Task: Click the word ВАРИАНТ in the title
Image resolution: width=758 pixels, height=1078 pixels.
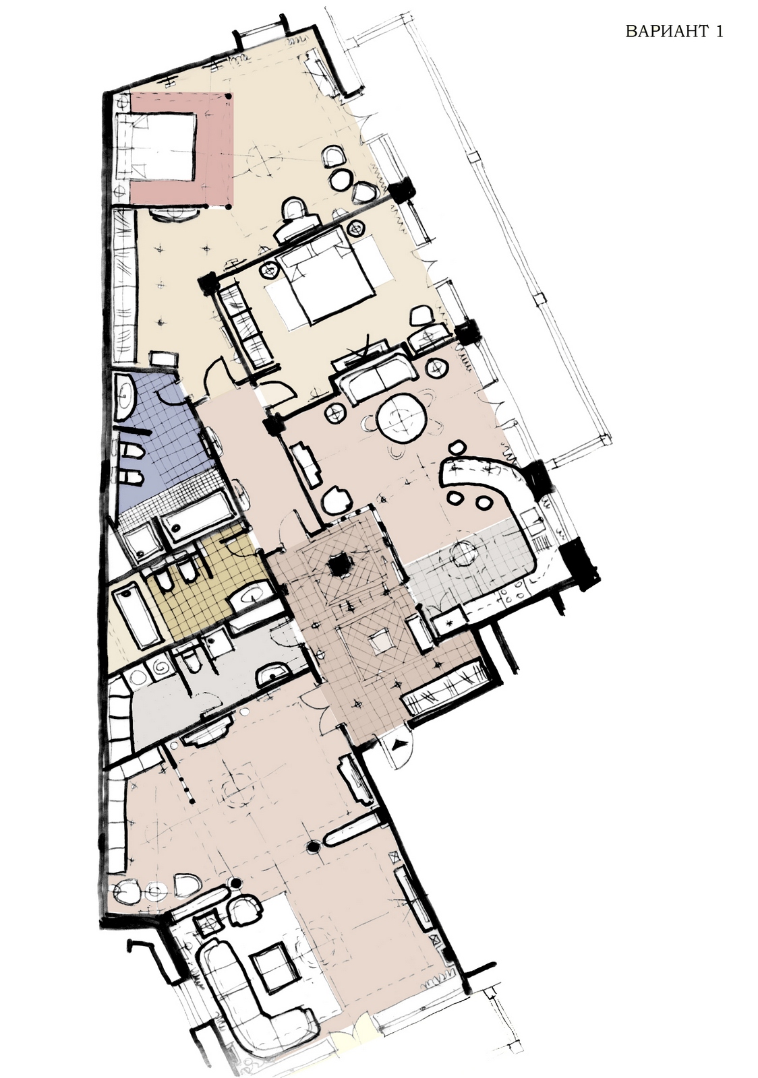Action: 668,32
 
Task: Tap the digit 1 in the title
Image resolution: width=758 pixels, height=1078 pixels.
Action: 720,32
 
